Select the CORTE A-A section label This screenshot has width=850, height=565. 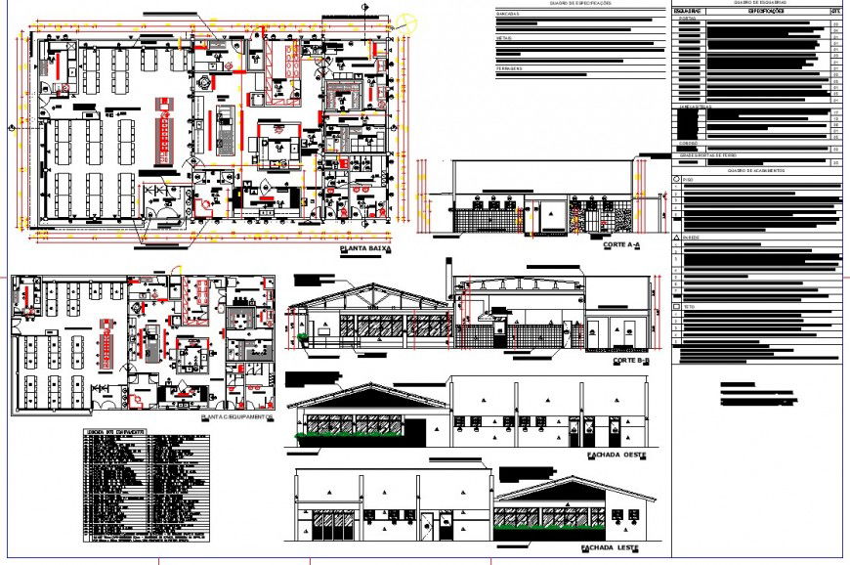click(x=621, y=243)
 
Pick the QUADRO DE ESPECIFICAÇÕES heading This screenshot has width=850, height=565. click(x=580, y=4)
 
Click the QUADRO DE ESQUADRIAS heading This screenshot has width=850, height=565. click(x=757, y=4)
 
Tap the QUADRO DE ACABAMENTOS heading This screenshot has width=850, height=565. click(x=757, y=171)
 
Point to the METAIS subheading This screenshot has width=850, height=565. click(x=504, y=38)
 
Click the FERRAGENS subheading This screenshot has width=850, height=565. click(x=509, y=68)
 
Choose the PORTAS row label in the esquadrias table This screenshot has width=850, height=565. click(x=687, y=19)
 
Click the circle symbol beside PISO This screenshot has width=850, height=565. click(x=676, y=181)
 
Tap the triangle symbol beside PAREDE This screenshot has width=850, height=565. click(x=676, y=238)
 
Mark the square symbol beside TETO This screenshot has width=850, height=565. click(x=676, y=307)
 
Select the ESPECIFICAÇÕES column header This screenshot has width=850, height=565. click(x=765, y=11)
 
